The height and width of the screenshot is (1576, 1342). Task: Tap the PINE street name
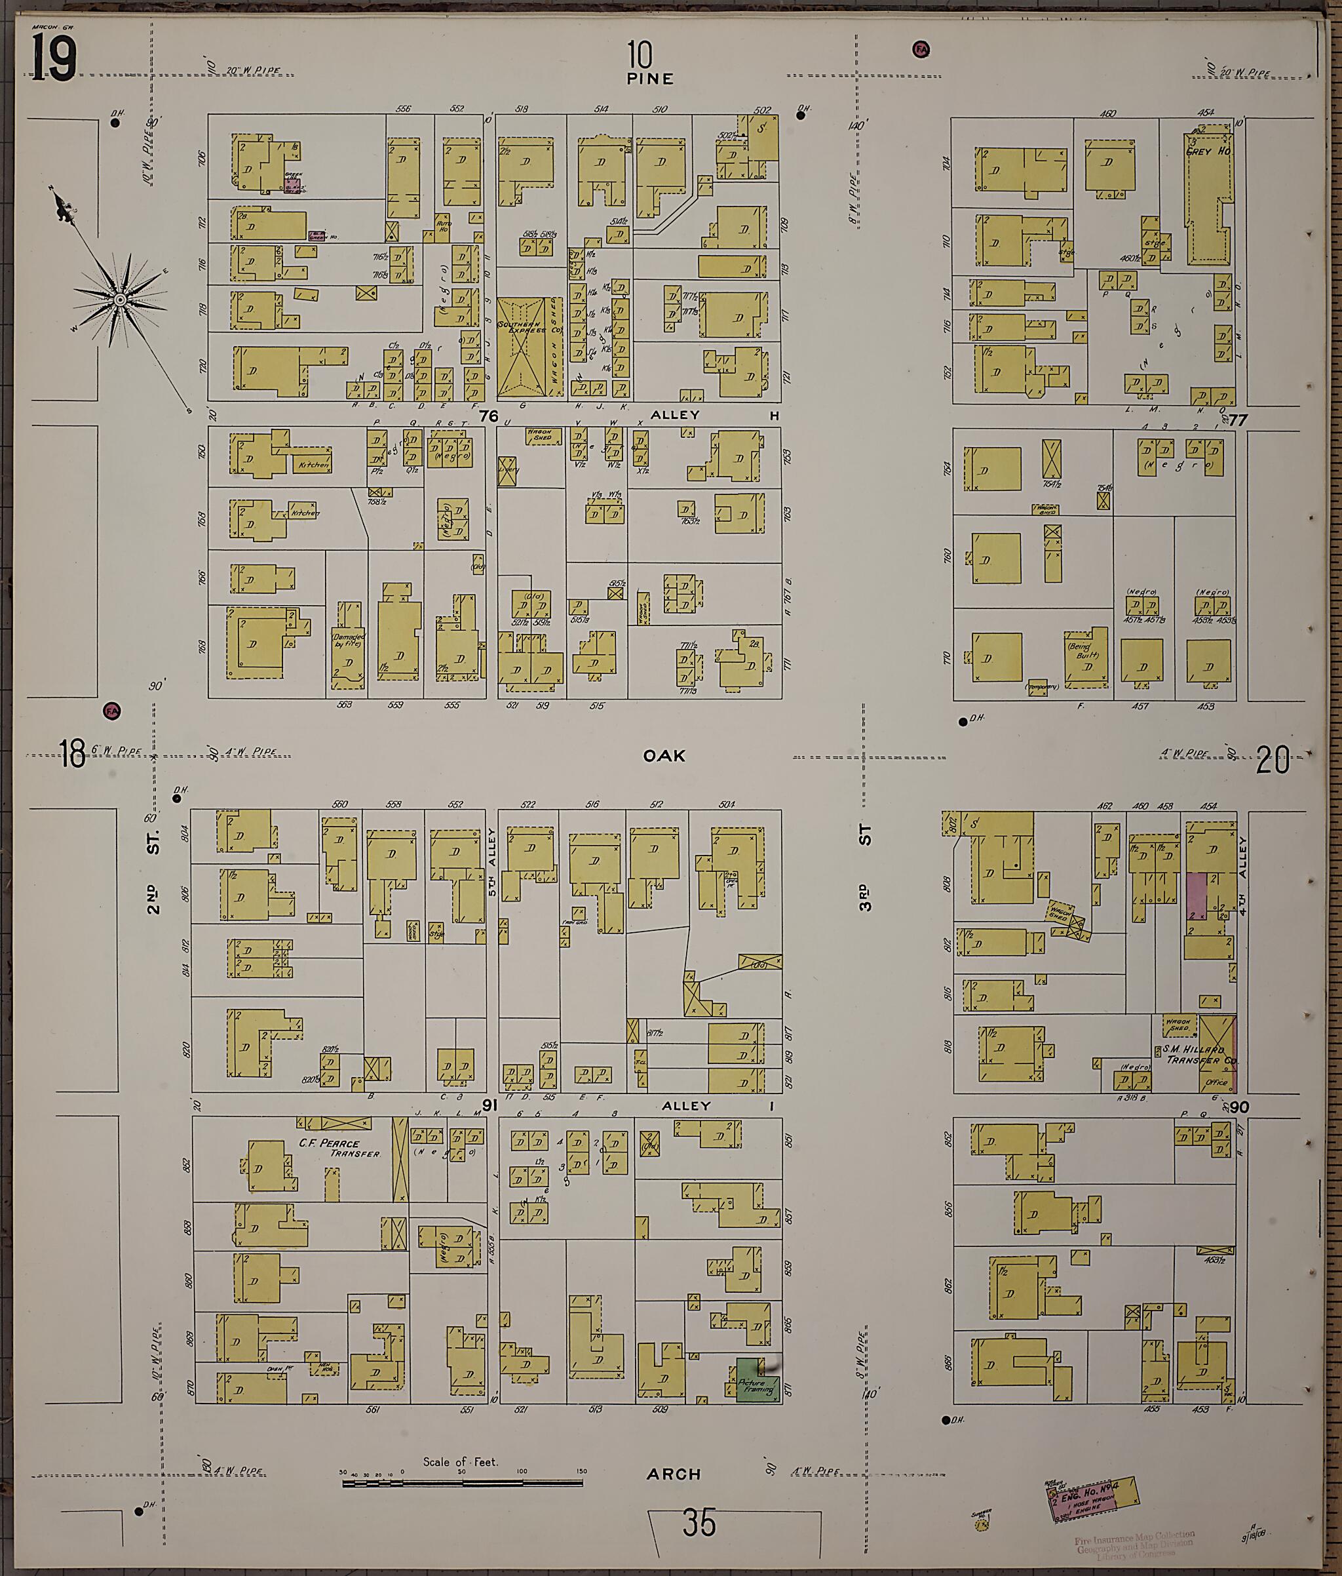[x=650, y=79]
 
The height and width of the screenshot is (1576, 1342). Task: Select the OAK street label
[x=664, y=755]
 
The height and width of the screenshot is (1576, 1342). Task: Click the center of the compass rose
[x=120, y=301]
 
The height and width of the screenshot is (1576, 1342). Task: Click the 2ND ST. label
[x=155, y=867]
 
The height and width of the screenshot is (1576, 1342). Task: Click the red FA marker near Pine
[x=921, y=49]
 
